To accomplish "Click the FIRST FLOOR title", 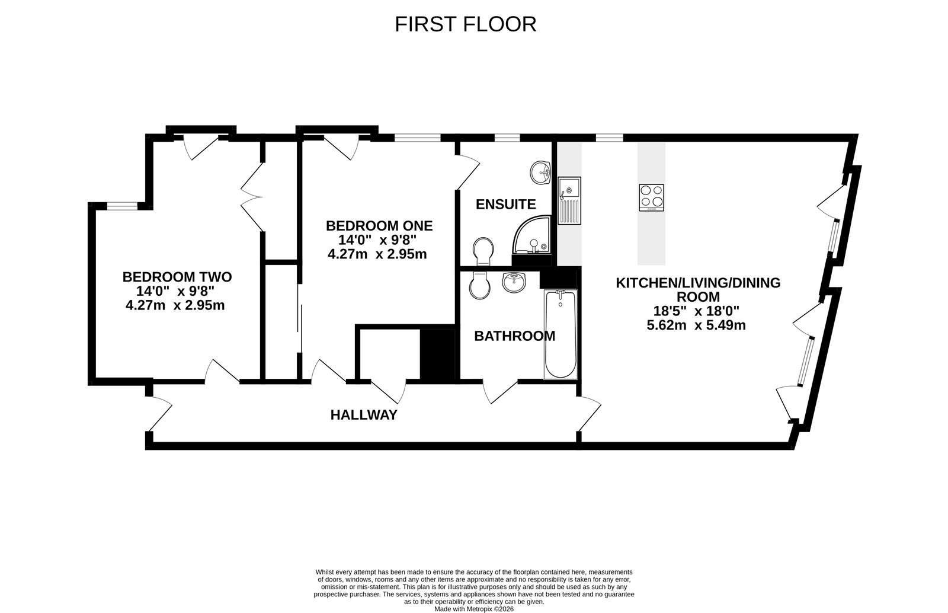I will tap(465, 24).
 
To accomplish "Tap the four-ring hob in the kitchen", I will tap(651, 197).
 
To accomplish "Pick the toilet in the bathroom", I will tap(479, 286).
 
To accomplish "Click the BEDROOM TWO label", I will tap(177, 277).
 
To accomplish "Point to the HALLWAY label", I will tap(363, 415).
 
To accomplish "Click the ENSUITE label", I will tap(505, 205).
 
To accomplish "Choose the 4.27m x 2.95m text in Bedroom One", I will tap(377, 254).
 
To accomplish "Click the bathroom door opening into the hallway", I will tap(501, 391).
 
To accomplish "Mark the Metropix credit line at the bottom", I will tap(473, 608).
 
